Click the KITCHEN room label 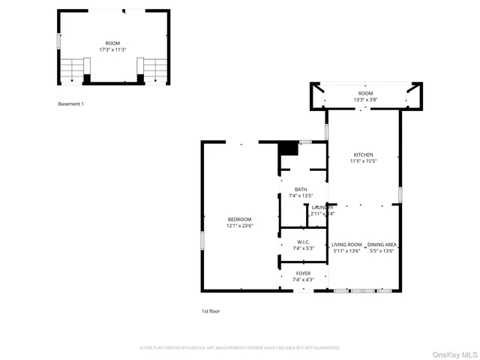[x=363, y=155]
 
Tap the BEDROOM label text [x=239, y=219]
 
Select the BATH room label [x=300, y=189]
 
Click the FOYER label [x=303, y=274]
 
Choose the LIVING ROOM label [x=346, y=244]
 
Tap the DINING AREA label [x=382, y=244]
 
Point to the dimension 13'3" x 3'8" [x=365, y=99]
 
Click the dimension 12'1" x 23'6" [x=239, y=226]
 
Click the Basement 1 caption [x=71, y=103]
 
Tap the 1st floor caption [x=211, y=310]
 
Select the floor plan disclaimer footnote [x=240, y=348]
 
